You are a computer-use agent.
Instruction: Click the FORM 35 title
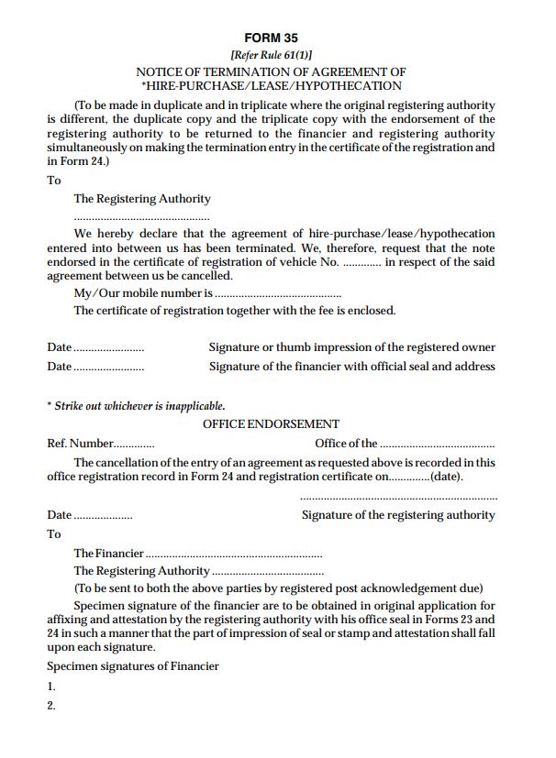271,38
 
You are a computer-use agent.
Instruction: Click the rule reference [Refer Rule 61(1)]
271,55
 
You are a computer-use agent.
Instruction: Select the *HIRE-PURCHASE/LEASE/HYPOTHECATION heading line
271,85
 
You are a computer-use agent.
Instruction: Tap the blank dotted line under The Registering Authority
142,219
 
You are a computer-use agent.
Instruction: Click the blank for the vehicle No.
361,263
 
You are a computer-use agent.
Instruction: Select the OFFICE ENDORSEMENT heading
271,424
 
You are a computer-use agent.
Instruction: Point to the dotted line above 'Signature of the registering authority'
398,498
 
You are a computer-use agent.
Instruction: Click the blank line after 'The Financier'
234,555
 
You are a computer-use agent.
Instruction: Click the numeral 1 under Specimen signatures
51,687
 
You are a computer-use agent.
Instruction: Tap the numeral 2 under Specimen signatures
51,706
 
